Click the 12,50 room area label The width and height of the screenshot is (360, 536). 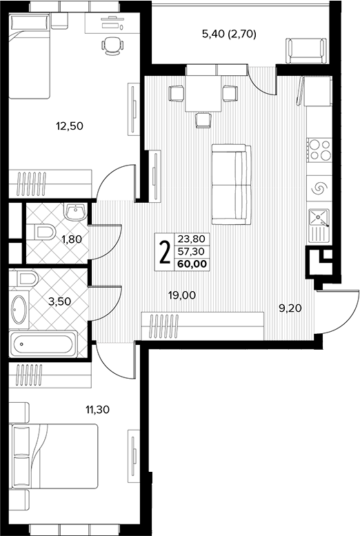(70, 126)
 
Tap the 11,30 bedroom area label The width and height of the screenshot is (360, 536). (97, 409)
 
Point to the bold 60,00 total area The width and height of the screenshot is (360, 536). (192, 264)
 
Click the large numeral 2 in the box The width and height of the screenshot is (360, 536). (165, 252)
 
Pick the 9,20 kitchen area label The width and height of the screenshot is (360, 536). (290, 308)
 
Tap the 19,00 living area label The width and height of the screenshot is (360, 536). (182, 295)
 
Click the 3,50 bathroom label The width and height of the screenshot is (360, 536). (59, 301)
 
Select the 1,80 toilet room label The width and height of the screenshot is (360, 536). (72, 239)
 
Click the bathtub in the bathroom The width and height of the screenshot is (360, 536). (43, 344)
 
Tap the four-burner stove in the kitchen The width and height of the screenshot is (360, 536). (319, 150)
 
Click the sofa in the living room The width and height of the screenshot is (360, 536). (232, 185)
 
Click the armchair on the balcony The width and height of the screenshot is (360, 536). (306, 51)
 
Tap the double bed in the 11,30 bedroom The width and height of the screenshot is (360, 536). (55, 457)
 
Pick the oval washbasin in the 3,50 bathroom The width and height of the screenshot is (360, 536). (19, 310)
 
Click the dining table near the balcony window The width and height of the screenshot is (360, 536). (203, 94)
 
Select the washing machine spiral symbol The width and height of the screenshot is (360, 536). (319, 188)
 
